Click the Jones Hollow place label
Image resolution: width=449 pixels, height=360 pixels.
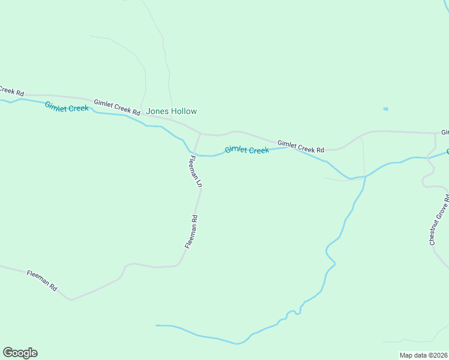tap(171, 112)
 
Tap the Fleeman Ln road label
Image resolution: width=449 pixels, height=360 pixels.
tap(194, 172)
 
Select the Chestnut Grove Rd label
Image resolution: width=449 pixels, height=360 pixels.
tap(439, 220)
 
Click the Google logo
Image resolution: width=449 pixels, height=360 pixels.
tap(20, 353)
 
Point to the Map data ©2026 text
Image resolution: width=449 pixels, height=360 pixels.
tap(424, 355)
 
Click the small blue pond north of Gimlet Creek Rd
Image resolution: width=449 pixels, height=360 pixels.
tap(385, 109)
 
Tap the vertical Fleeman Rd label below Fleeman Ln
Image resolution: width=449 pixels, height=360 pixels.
tap(191, 232)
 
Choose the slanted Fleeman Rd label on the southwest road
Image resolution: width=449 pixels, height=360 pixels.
tap(42, 281)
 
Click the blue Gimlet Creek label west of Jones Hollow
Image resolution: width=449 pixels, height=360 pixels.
tap(67, 107)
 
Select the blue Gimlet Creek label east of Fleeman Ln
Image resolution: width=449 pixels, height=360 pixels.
tap(247, 150)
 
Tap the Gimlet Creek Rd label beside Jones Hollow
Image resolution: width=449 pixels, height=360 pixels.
tap(116, 107)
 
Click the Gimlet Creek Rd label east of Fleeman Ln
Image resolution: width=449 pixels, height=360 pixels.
tap(301, 146)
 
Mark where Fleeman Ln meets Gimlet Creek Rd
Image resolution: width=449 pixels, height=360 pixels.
tap(200, 134)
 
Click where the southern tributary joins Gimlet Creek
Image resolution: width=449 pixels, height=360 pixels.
tap(364, 177)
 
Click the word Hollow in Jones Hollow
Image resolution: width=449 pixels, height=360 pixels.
tap(184, 112)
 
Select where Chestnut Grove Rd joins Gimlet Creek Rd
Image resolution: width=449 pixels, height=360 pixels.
tap(435, 133)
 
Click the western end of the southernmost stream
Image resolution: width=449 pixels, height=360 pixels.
tap(157, 326)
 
